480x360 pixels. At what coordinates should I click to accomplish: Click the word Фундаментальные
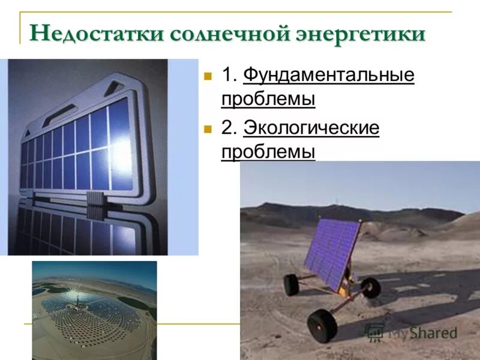click(x=329, y=75)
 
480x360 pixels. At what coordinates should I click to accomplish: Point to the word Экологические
click(x=311, y=128)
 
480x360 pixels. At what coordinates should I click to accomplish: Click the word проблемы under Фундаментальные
click(x=268, y=98)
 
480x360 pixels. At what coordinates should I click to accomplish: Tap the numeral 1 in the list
click(x=227, y=76)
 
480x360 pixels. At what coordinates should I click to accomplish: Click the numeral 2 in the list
click(x=228, y=128)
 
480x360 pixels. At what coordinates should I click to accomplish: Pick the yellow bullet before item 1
click(x=208, y=76)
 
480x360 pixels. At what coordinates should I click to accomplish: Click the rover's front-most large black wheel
click(x=322, y=326)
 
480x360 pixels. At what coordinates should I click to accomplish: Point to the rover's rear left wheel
click(x=292, y=284)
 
